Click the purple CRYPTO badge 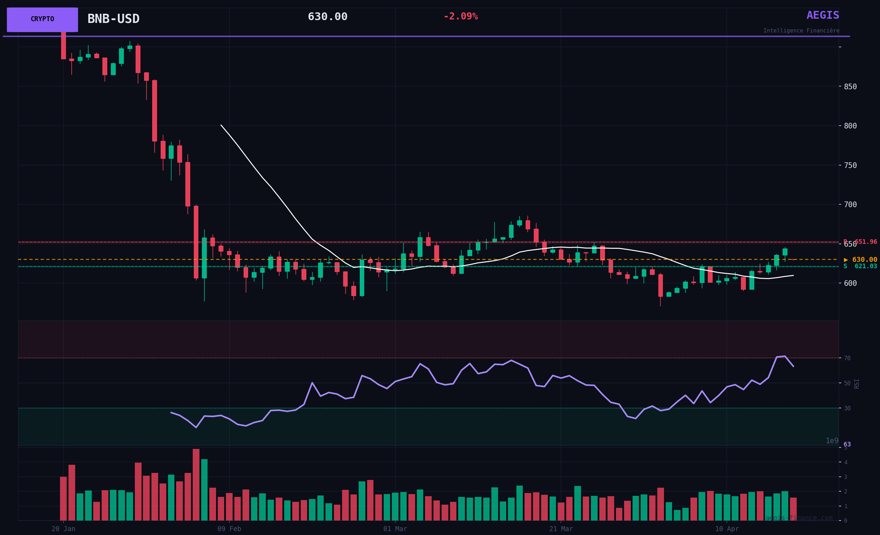click(x=42, y=19)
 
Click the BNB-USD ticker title click(x=113, y=19)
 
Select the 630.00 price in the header click(x=328, y=17)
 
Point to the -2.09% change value click(x=460, y=17)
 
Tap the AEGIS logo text click(x=823, y=16)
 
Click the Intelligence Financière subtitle click(x=801, y=31)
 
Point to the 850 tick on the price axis click(x=850, y=87)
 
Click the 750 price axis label click(x=850, y=166)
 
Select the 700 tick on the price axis click(x=850, y=205)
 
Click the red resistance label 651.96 click(x=861, y=242)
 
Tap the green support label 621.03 click(x=861, y=266)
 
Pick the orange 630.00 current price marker click(x=861, y=260)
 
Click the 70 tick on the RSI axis click(x=847, y=358)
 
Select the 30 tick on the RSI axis click(x=847, y=408)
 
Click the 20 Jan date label click(x=63, y=529)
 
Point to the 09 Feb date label click(x=229, y=529)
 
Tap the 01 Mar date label click(x=395, y=529)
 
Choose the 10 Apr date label click(x=727, y=529)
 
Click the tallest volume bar click(x=196, y=485)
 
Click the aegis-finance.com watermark click(x=799, y=518)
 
